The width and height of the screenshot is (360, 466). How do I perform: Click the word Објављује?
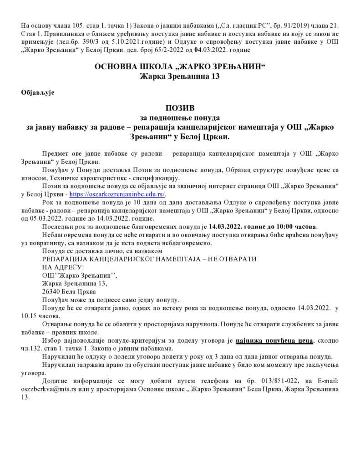click(38, 92)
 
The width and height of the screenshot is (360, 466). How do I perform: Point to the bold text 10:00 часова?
click(297, 226)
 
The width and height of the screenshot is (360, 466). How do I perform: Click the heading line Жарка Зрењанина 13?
click(180, 76)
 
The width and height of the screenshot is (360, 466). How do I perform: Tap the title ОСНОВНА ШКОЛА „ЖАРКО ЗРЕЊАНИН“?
click(180, 67)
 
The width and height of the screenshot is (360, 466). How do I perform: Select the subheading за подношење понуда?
click(180, 118)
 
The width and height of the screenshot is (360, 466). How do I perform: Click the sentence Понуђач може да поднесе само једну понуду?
click(110, 300)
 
